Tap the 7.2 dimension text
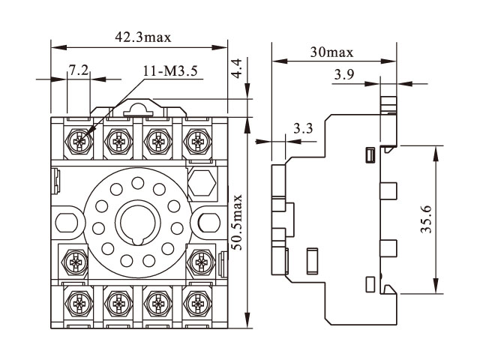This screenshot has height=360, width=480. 79,70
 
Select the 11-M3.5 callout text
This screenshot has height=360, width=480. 169,71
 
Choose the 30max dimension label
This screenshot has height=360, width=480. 331,52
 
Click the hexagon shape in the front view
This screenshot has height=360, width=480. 201,180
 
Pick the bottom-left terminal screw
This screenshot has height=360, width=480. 77,303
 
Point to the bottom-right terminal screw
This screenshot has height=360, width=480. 198,303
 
